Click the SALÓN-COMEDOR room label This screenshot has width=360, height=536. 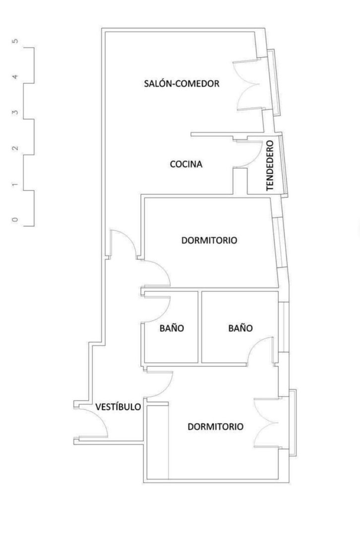181,83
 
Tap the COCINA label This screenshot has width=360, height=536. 186,164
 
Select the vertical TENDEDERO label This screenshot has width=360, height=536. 270,165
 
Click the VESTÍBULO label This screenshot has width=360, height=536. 118,407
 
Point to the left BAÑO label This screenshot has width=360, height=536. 172,328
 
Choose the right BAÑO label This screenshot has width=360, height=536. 240,328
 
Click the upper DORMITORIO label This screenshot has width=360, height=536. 209,240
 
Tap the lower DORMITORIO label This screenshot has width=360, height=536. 216,427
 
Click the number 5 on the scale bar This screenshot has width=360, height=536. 15,41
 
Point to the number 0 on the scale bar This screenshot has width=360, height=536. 15,220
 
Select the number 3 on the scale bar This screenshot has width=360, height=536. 15,113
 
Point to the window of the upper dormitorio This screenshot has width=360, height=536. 281,242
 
